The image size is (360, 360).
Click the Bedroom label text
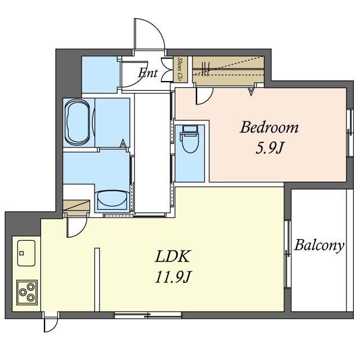[x=269, y=127]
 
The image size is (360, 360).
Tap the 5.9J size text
[x=269, y=148]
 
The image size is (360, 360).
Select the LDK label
[x=173, y=256]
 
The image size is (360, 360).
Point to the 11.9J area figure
[x=173, y=277]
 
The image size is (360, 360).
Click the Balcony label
[x=319, y=245]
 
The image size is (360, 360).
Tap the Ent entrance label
[x=148, y=73]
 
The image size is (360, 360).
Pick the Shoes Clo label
[x=181, y=69]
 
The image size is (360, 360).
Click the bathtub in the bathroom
[x=77, y=123]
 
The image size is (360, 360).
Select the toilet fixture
[x=189, y=139]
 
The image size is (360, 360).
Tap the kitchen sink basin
[x=26, y=253]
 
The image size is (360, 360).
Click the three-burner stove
[x=27, y=292]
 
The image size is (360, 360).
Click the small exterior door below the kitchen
[x=51, y=322]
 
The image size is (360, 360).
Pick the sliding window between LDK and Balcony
[x=287, y=254]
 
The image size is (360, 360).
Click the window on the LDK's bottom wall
[x=148, y=315]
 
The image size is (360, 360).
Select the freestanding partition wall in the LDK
[x=97, y=280]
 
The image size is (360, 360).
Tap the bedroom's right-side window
[x=349, y=133]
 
